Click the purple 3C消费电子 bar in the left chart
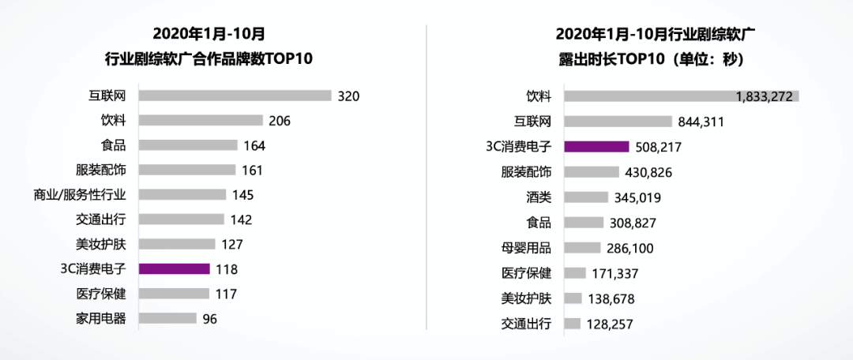coord(174,268)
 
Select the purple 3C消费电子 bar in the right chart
coord(597,146)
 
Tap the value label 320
coord(348,96)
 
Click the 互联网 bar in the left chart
coord(235,96)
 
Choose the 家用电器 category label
coord(102,319)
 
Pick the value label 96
coord(209,319)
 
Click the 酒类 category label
coord(539,197)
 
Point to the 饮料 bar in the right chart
coord(682,96)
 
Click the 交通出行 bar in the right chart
coord(573,324)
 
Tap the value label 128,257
coord(611,324)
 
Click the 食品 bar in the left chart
coord(188,145)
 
